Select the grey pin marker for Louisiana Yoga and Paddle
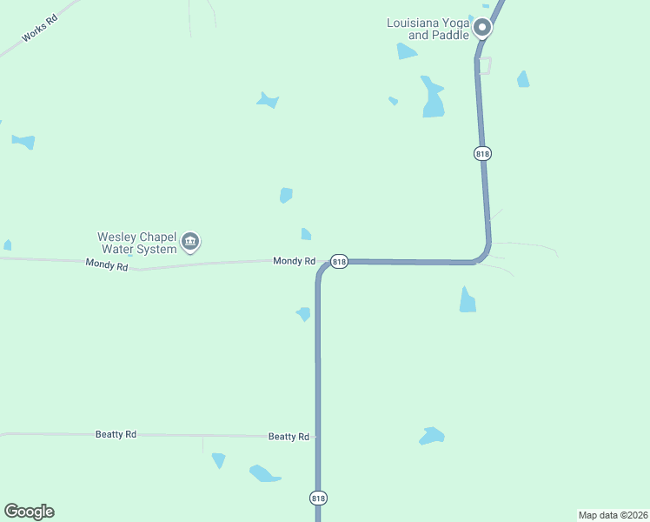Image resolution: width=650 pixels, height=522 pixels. (x=482, y=28)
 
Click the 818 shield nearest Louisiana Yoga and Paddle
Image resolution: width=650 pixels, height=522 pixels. (x=483, y=153)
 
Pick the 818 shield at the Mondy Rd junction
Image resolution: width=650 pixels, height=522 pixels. (x=339, y=261)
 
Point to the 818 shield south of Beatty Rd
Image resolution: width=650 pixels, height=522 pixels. (x=318, y=498)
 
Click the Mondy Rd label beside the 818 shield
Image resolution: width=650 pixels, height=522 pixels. (x=294, y=261)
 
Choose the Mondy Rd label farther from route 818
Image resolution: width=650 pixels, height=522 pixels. (x=107, y=264)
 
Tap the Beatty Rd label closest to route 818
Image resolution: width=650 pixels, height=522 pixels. (x=289, y=437)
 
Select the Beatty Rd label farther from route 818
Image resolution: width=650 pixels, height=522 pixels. (x=116, y=434)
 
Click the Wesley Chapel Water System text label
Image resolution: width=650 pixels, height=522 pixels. (x=136, y=242)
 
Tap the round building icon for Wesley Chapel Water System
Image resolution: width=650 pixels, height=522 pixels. (x=190, y=241)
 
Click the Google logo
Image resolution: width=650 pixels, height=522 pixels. (x=29, y=512)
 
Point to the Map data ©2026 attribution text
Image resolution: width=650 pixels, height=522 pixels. (x=612, y=515)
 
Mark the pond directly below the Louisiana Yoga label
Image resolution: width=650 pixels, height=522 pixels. (x=406, y=52)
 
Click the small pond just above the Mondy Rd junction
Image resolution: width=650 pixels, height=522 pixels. (x=305, y=234)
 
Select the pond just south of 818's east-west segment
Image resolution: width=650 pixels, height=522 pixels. (x=468, y=300)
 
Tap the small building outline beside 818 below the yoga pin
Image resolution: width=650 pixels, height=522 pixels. (x=484, y=65)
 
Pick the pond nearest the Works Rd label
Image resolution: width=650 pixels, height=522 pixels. (x=23, y=141)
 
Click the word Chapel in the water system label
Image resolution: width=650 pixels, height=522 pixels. (x=157, y=236)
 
